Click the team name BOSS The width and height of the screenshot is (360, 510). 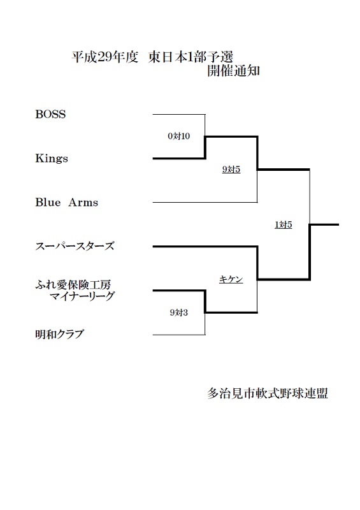click(x=50, y=114)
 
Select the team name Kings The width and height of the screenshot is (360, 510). click(x=52, y=158)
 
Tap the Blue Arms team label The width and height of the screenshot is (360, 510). click(x=67, y=202)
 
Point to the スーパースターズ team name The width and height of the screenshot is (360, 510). click(x=75, y=246)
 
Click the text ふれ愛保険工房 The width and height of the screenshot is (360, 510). click(x=73, y=285)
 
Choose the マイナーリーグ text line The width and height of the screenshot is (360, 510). click(x=82, y=296)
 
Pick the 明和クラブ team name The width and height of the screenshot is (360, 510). click(x=59, y=334)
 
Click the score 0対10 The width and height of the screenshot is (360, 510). click(x=179, y=136)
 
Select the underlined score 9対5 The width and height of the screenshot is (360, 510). click(x=231, y=169)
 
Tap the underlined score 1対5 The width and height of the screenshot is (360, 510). click(x=284, y=224)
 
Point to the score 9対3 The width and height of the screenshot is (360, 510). click(x=179, y=312)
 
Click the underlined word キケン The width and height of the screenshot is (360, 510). click(x=231, y=279)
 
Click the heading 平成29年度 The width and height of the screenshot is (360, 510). click(x=105, y=57)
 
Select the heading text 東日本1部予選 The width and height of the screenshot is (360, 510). click(x=191, y=57)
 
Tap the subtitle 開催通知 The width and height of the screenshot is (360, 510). click(x=233, y=71)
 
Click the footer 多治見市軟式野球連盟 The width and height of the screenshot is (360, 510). click(x=268, y=393)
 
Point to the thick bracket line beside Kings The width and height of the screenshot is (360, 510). click(x=179, y=158)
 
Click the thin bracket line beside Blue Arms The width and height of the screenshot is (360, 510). click(x=205, y=202)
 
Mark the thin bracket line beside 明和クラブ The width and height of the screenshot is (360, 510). click(x=179, y=335)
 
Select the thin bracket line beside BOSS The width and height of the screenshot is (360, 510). click(x=179, y=115)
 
